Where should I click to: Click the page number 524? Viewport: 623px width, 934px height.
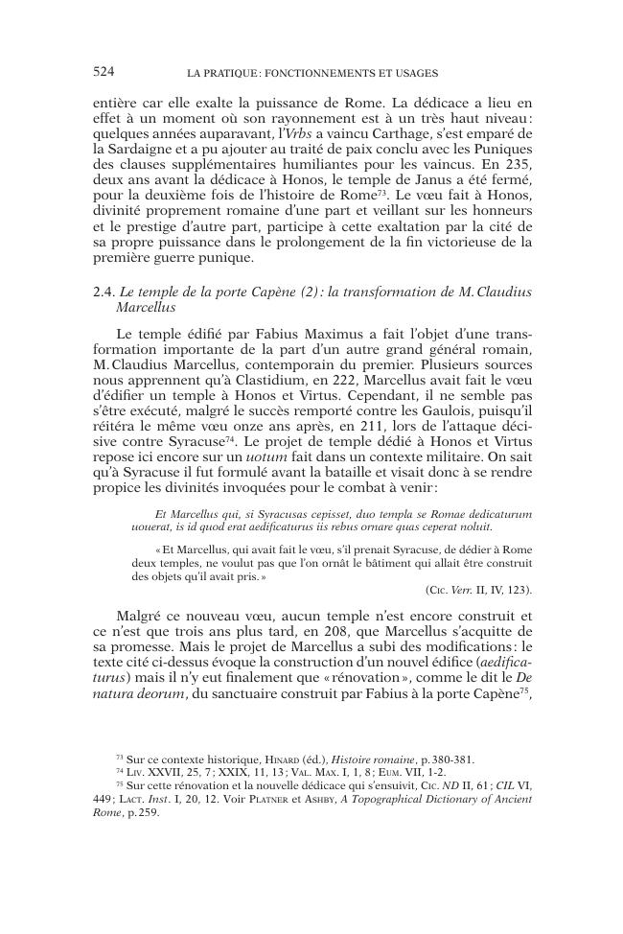point(104,71)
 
